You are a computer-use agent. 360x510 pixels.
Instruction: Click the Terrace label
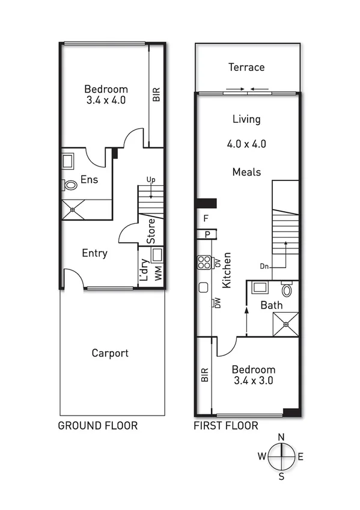point(246,67)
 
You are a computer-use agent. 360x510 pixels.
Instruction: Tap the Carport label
point(110,353)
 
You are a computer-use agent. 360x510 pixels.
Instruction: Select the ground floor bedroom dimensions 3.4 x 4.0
point(106,100)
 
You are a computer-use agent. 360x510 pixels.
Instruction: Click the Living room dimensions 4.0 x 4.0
point(246,144)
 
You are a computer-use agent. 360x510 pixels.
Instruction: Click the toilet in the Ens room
point(70,186)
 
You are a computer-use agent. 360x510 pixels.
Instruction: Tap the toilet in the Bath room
point(287,290)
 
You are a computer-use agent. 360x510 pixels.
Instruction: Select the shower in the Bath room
point(285,324)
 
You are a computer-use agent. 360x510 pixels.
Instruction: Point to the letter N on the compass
point(281,437)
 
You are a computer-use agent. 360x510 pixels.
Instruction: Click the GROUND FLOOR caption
point(97,426)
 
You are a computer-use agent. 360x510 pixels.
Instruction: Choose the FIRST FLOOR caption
point(226,426)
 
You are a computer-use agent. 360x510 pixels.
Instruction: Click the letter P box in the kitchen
point(207,234)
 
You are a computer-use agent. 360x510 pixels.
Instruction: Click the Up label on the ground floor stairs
point(150,179)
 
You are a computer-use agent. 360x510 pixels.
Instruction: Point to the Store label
point(151,230)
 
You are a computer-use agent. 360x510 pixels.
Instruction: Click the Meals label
point(246,172)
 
